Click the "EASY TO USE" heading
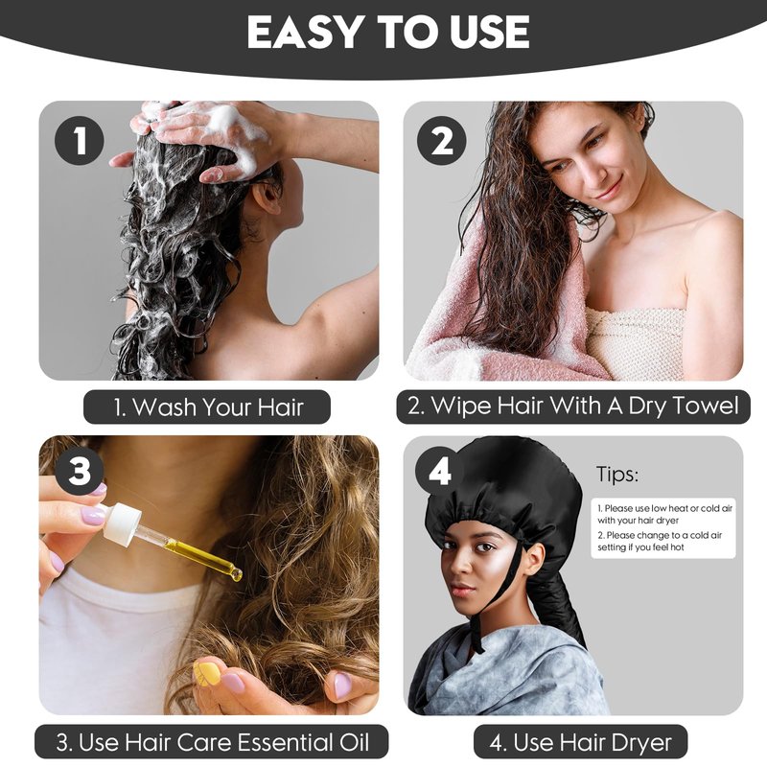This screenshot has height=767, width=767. pos(388,33)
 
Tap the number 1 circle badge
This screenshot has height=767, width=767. pos(80,140)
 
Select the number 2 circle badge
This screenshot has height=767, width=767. pos(441,140)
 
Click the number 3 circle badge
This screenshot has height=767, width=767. pos(80,472)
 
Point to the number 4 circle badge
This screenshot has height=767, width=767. pos(439,472)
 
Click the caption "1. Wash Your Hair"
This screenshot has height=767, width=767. pos(207,407)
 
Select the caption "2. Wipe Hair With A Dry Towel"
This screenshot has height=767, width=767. pos(572,406)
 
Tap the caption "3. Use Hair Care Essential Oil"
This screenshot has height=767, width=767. pos(212,742)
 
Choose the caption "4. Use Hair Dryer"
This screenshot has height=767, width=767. pos(581,742)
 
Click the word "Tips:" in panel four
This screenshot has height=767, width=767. pos(616,474)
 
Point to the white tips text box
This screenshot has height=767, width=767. pos(663,528)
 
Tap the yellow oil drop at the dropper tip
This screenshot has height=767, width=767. pos(237,574)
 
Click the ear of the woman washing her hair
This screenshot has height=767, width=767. pos(267,196)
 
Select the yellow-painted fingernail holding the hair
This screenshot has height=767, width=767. pos(203,673)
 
